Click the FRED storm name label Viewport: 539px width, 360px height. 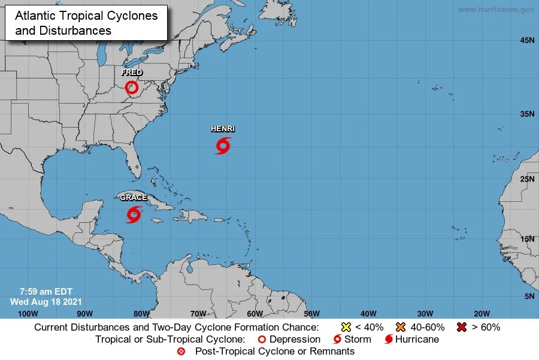(x=132, y=72)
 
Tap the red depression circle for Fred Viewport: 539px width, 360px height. (x=132, y=88)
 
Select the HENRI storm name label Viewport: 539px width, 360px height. (x=223, y=129)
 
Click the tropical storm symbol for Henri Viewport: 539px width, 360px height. (x=223, y=146)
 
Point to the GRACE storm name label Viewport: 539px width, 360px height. (x=133, y=198)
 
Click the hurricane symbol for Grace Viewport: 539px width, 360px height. (x=134, y=214)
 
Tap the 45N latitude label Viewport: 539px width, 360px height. (x=527, y=40)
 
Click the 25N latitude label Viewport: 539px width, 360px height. (x=527, y=179)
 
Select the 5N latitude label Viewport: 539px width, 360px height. (x=529, y=297)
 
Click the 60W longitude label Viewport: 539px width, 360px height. (x=255, y=313)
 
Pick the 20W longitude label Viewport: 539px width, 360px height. (x=482, y=313)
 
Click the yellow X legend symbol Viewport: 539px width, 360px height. (x=345, y=327)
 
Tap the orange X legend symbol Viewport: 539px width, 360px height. (x=401, y=327)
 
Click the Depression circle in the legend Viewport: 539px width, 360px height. (x=261, y=339)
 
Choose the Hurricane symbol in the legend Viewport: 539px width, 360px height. (x=389, y=339)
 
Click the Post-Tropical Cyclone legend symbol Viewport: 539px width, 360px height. (x=181, y=351)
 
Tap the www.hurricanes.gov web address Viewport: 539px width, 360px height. (x=496, y=9)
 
